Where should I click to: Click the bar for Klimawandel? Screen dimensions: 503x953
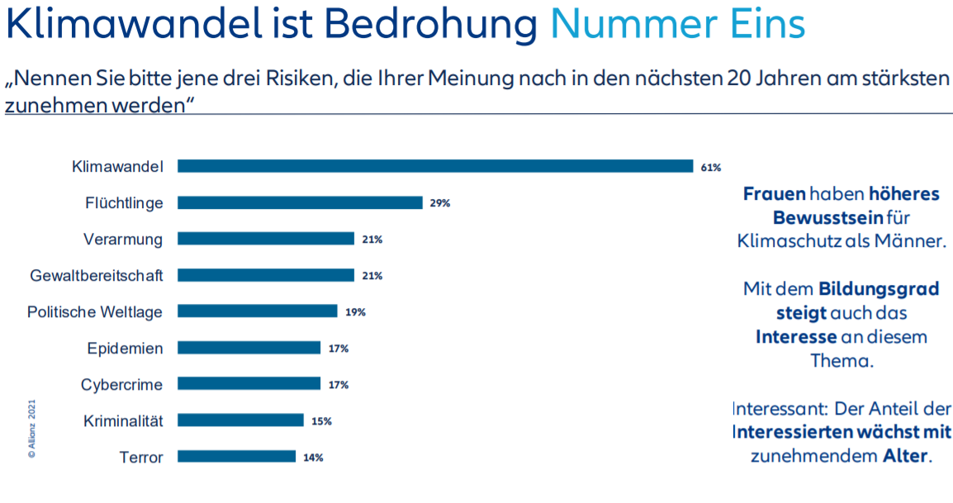pos(435,166)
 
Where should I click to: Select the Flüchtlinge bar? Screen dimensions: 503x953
pos(300,202)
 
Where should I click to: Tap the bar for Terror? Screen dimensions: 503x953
pos(236,457)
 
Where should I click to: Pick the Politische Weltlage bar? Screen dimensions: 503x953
pos(258,311)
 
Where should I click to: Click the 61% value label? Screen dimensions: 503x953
pos(710,167)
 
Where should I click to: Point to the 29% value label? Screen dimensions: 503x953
pos(439,203)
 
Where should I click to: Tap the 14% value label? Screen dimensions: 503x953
pos(312,458)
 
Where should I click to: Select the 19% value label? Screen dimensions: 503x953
pos(355,312)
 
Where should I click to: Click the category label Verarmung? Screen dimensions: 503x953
pos(123,239)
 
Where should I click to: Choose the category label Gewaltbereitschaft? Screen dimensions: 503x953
pos(97,275)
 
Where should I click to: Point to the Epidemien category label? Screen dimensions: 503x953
pos(125,348)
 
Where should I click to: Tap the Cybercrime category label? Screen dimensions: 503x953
pos(121,384)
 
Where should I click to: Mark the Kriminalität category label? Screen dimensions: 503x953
pos(123,420)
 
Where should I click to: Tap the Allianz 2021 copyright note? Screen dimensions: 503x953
pos(31,429)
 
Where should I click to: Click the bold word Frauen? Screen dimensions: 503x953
pos(774,194)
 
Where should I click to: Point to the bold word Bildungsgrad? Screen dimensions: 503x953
pos(879,289)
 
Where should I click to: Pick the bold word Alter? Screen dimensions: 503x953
pos(905,456)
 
